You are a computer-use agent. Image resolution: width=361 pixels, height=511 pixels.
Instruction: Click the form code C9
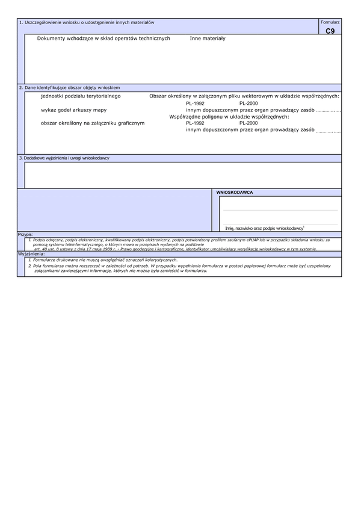point(330,31)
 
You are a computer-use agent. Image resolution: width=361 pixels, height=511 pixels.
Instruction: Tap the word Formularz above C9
point(330,22)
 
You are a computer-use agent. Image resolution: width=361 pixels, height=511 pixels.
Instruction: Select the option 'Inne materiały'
point(208,39)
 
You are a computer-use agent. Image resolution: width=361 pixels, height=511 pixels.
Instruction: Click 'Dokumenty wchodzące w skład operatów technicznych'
point(103,39)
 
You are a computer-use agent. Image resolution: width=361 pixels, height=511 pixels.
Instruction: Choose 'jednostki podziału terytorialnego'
point(81,96)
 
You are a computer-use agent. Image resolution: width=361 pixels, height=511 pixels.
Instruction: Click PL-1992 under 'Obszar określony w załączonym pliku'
point(195,104)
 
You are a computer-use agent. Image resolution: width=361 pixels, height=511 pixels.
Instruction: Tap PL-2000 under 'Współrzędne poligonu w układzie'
point(248,123)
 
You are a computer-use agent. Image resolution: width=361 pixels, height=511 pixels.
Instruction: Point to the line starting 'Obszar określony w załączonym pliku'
point(244,96)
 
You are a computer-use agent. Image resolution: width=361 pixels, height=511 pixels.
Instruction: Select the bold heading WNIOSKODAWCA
point(234,193)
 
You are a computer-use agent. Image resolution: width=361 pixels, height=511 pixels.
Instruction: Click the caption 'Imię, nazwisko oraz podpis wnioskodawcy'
point(264,228)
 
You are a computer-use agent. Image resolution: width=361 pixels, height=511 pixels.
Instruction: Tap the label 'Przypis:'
point(25,234)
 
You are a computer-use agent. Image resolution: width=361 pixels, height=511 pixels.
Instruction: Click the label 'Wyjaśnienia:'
point(31,254)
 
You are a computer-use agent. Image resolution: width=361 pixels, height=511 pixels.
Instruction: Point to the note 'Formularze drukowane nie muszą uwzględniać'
point(102,259)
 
